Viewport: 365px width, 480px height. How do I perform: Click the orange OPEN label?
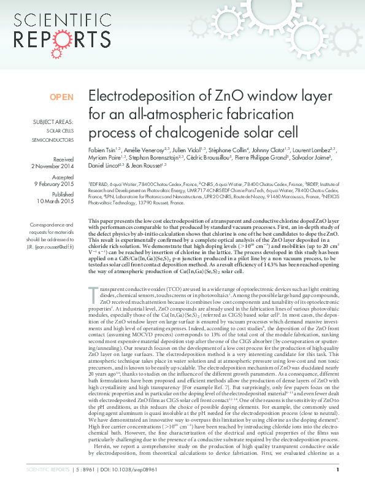pos(61,97)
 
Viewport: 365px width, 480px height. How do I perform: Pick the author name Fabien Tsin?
pos(102,149)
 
